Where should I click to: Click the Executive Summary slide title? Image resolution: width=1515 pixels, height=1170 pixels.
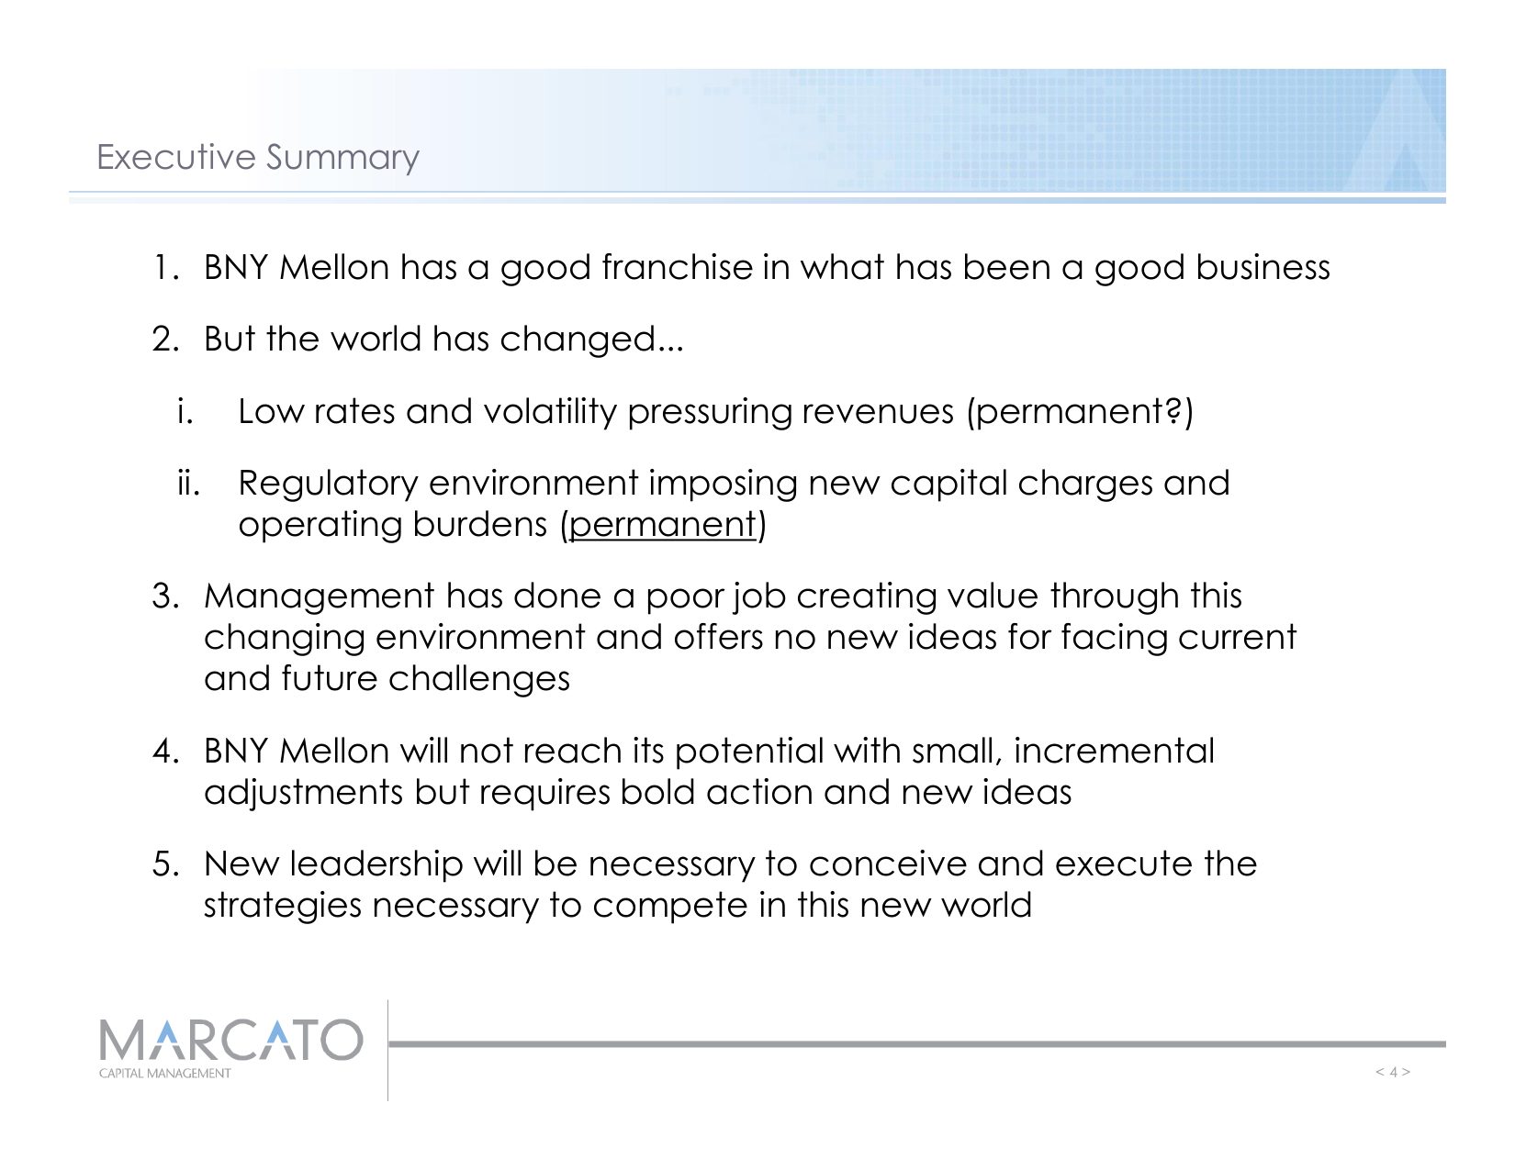[x=257, y=158]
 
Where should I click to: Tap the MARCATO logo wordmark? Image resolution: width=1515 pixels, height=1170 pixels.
[x=230, y=1040]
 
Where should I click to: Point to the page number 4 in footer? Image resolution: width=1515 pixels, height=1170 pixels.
[x=1393, y=1072]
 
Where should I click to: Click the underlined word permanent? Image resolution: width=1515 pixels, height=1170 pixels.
[x=662, y=524]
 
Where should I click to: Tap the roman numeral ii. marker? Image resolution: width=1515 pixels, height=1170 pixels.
[x=188, y=483]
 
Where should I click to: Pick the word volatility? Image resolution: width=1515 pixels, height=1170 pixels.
[x=551, y=411]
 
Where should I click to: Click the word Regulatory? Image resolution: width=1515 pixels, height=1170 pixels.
[x=328, y=484]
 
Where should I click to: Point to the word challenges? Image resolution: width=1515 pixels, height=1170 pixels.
[x=479, y=679]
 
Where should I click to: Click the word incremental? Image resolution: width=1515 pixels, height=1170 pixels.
[x=1114, y=752]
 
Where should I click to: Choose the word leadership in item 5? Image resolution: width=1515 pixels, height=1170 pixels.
[x=376, y=864]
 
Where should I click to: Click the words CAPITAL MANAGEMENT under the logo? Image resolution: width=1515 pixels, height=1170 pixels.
[x=164, y=1073]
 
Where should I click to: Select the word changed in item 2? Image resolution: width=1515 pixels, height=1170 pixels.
[x=578, y=340]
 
